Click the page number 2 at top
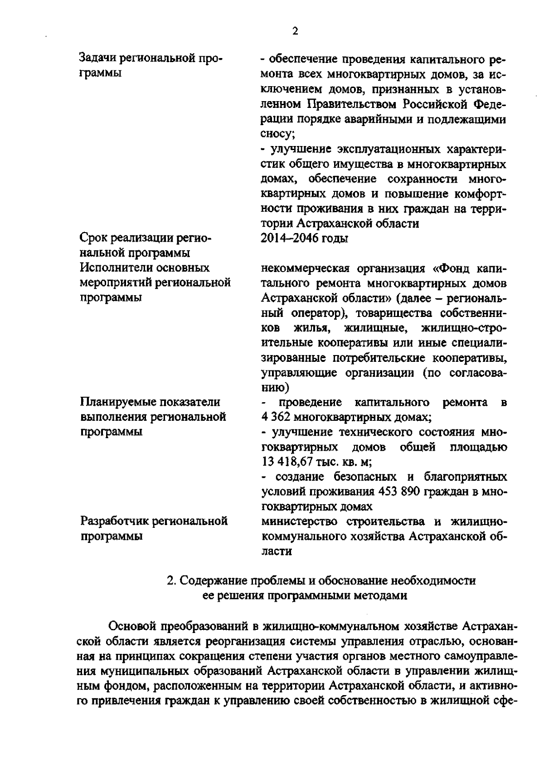[295, 31]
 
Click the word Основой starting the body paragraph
[132, 626]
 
